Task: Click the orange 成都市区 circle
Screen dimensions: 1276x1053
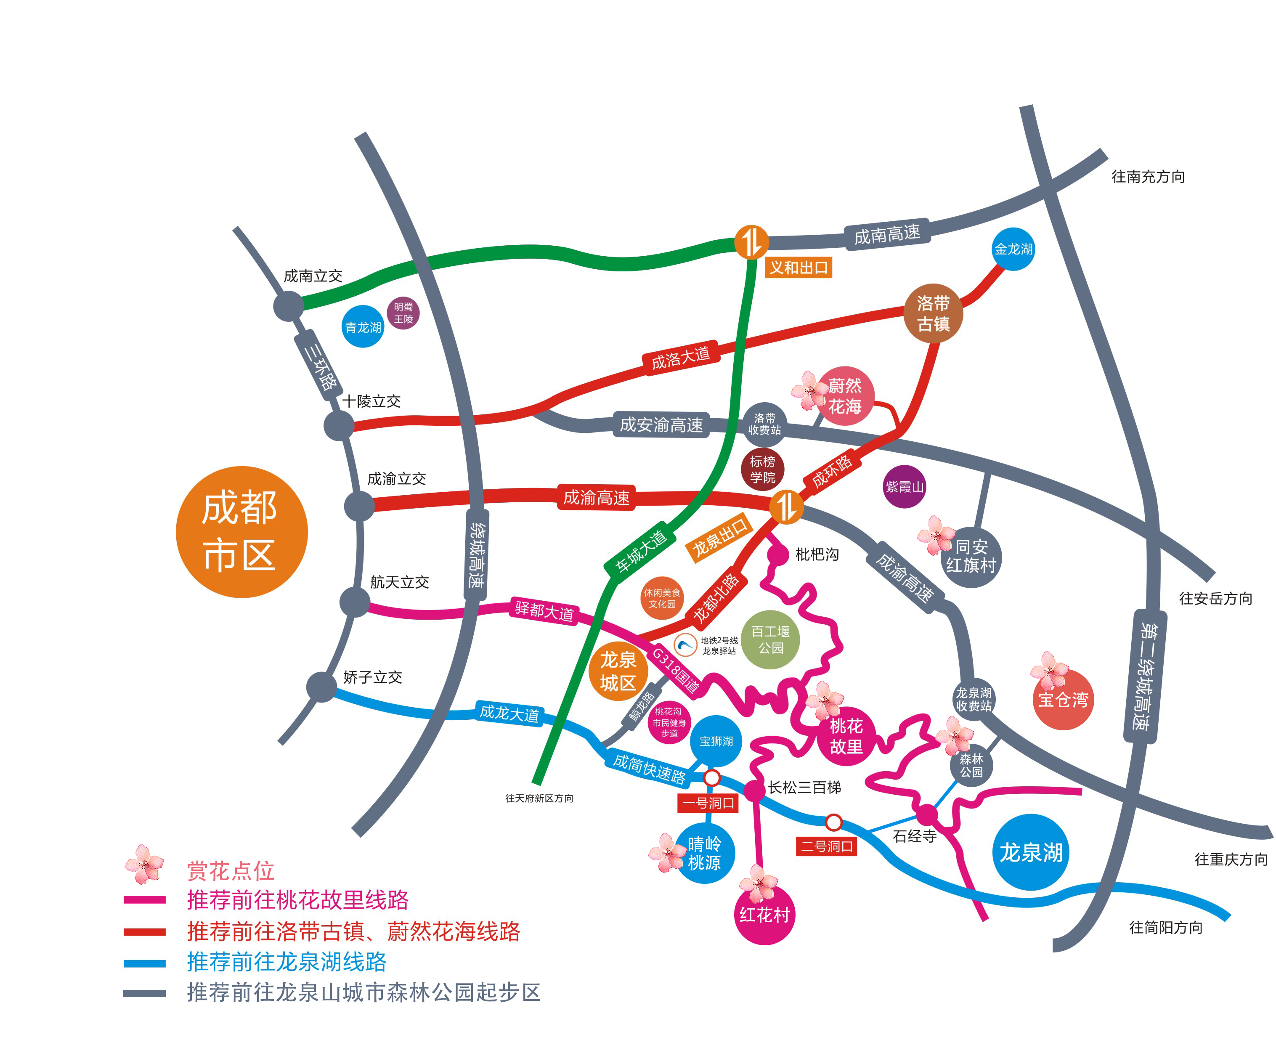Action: point(241,531)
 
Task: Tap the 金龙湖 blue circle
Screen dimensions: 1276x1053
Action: point(1012,249)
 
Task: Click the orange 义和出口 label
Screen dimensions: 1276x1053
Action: point(798,268)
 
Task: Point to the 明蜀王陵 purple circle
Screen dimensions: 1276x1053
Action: point(403,313)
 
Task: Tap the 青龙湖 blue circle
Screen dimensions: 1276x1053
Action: point(363,326)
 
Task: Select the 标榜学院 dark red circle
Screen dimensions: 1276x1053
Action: point(762,469)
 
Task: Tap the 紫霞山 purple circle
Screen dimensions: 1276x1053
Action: point(904,486)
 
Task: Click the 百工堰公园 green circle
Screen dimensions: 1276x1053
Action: point(770,639)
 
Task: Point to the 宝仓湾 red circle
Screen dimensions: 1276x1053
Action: point(1063,699)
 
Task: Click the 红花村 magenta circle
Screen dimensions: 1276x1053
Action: point(764,915)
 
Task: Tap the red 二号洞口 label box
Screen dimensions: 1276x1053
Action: point(826,846)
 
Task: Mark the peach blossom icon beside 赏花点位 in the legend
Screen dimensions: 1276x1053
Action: point(144,864)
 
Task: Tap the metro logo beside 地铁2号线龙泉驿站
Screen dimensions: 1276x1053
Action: point(685,645)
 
